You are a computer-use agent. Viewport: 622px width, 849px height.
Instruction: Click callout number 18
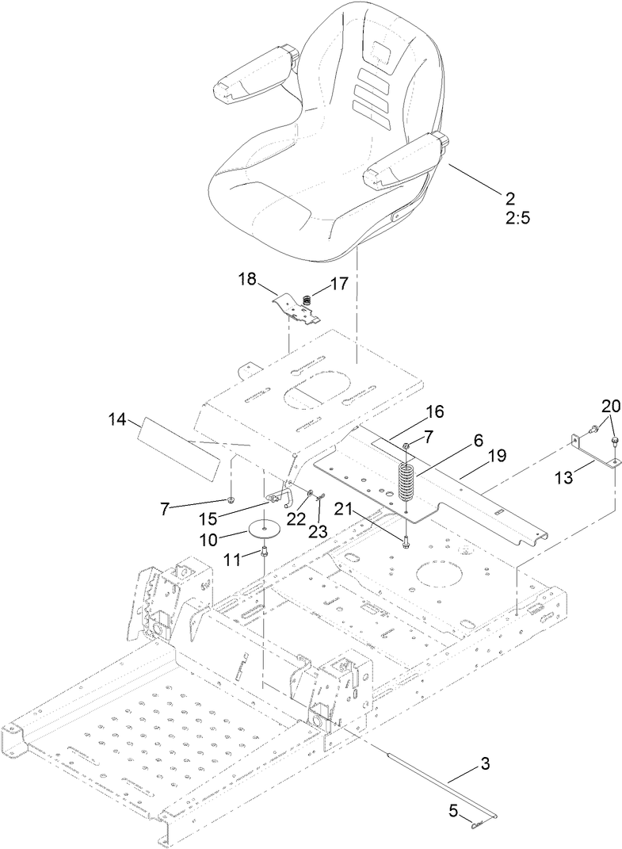point(247,279)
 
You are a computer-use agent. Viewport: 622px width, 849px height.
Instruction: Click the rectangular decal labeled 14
point(179,449)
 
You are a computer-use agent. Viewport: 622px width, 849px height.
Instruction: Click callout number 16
point(433,411)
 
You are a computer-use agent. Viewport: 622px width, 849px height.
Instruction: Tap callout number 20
point(611,406)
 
